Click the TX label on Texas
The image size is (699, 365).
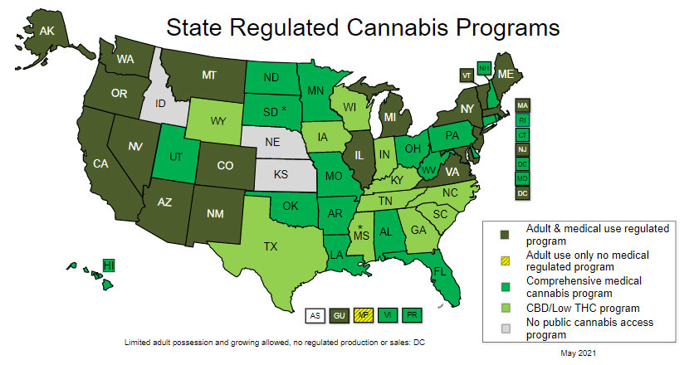click(x=271, y=246)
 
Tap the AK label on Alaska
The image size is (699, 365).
click(x=48, y=30)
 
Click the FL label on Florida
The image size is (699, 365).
click(x=439, y=271)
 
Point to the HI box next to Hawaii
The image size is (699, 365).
click(x=108, y=265)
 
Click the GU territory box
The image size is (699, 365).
click(x=339, y=315)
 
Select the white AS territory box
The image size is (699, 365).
click(x=315, y=315)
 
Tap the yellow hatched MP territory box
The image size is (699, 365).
click(x=362, y=315)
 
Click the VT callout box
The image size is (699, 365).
click(x=466, y=75)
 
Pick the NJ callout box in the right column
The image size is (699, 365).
click(x=522, y=149)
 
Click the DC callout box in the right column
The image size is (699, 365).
click(x=522, y=193)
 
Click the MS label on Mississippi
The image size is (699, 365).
click(x=362, y=236)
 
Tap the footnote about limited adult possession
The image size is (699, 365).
click(x=275, y=342)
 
